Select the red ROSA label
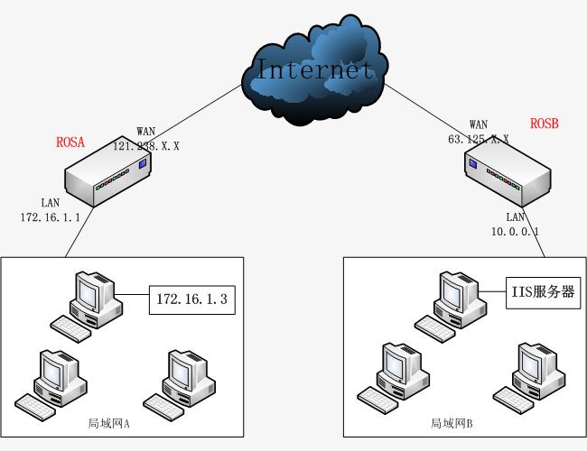click(70, 142)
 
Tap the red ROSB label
click(545, 123)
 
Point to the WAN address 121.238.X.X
click(145, 145)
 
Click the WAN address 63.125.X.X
click(479, 139)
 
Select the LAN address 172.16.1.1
click(51, 216)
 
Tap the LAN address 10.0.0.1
click(516, 230)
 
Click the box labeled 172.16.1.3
click(192, 298)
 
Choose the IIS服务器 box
click(541, 292)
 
